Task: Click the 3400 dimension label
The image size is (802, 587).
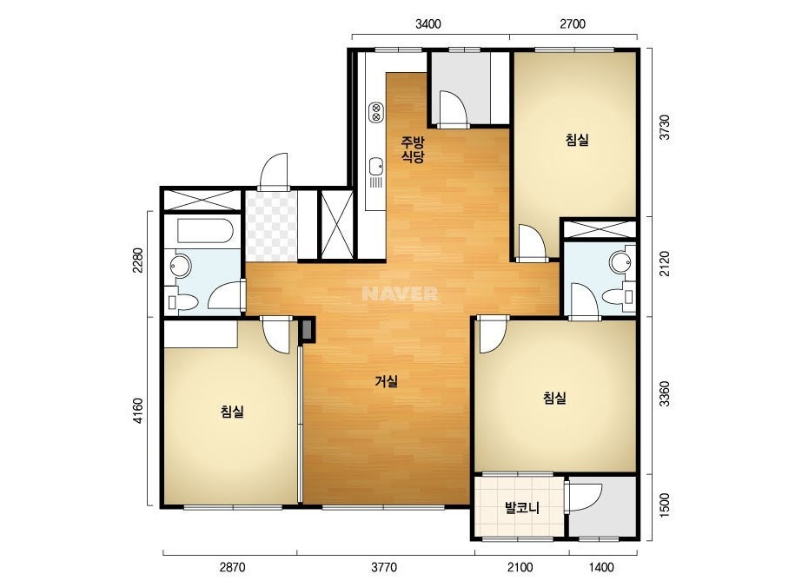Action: (x=428, y=24)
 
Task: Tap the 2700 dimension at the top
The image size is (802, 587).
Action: (x=573, y=24)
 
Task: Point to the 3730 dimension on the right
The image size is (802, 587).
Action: (x=664, y=128)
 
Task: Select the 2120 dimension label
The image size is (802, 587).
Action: (x=664, y=264)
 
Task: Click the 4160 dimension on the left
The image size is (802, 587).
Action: (x=137, y=411)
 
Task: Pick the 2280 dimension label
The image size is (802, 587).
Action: (x=137, y=261)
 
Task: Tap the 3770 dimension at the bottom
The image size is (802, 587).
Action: (x=383, y=567)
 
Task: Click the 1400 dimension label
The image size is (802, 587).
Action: (x=601, y=567)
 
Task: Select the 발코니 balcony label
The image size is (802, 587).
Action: (x=521, y=508)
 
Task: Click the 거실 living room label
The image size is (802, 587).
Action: (x=386, y=381)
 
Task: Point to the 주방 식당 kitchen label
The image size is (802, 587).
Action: (x=412, y=149)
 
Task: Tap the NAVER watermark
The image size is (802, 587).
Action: (x=400, y=293)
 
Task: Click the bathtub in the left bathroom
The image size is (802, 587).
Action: (x=205, y=231)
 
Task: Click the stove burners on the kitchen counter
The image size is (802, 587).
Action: (x=376, y=112)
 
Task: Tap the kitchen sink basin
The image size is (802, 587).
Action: (x=376, y=166)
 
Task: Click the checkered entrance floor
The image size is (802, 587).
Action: (x=271, y=226)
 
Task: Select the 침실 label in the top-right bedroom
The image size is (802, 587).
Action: (x=577, y=140)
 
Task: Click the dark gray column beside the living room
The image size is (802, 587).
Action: (x=308, y=330)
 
